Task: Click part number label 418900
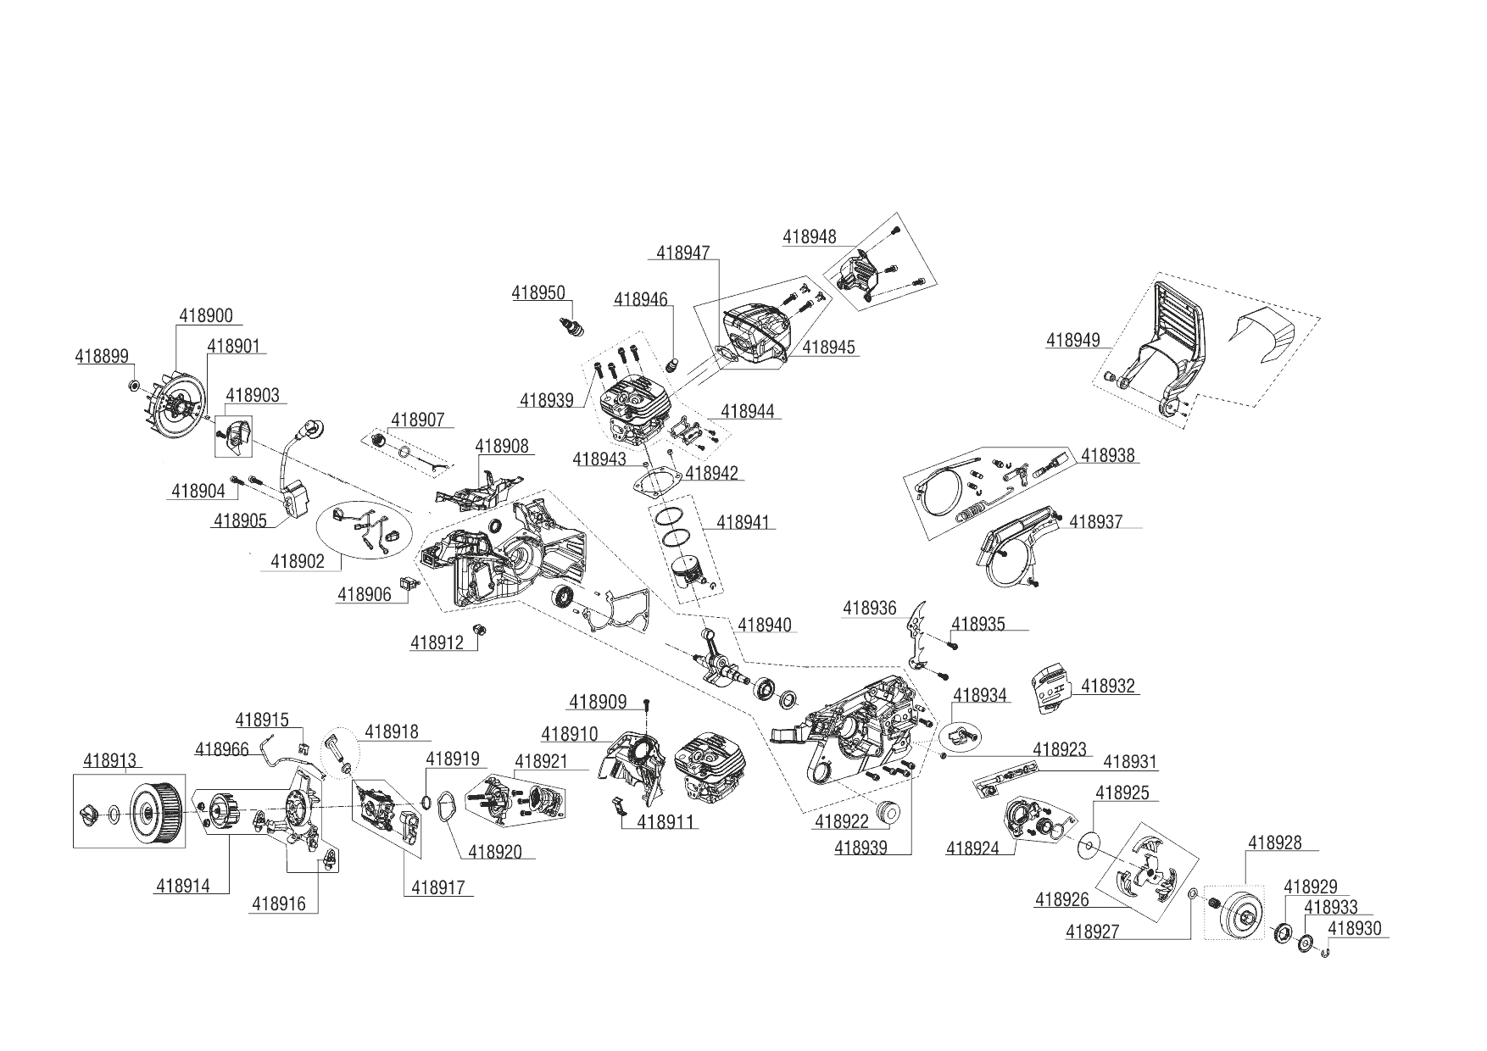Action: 205,316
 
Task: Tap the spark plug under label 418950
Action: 571,325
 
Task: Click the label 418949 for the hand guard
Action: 1072,341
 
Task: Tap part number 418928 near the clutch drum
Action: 1274,843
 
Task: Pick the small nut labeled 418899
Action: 133,386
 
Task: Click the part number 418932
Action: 1107,686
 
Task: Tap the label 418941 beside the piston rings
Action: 743,522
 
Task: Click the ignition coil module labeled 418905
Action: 295,497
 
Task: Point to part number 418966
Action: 221,749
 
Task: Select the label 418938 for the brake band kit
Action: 1107,456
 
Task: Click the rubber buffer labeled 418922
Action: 888,810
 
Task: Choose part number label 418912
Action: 437,643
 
